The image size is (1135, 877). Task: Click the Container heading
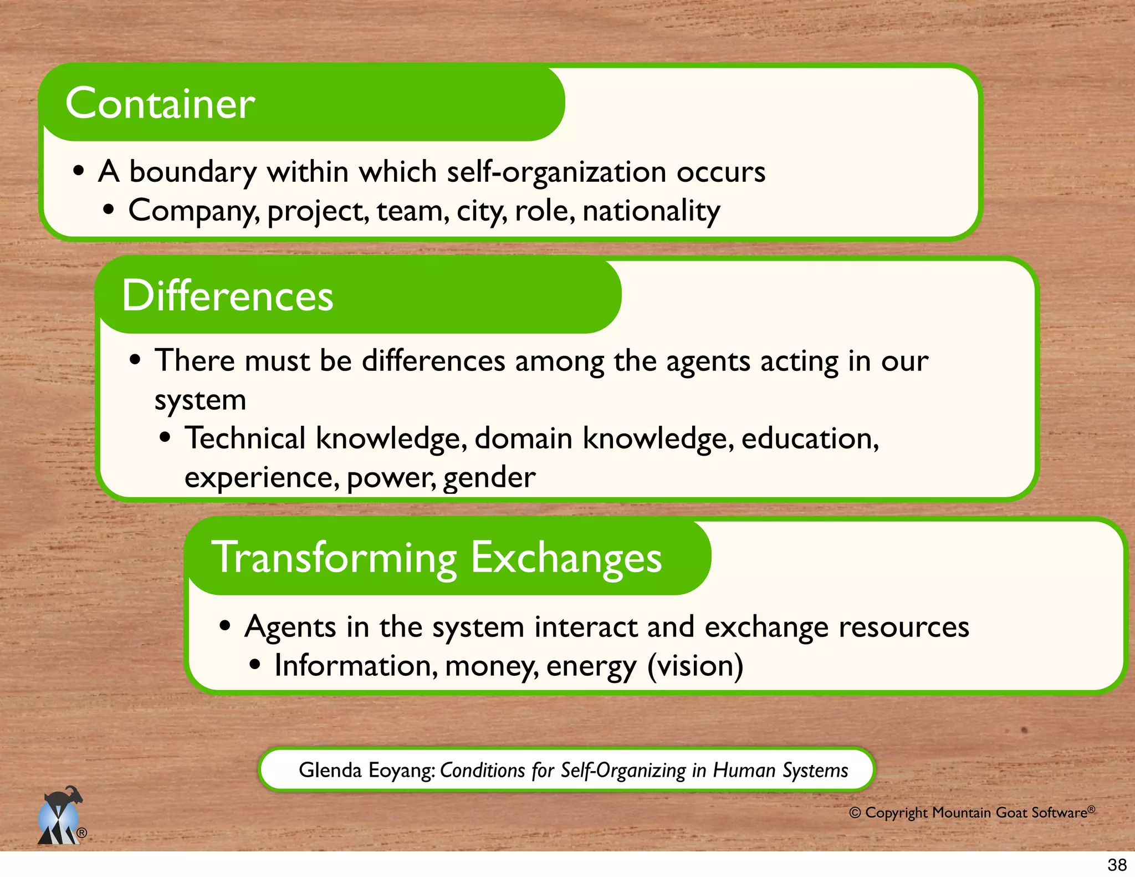(160, 104)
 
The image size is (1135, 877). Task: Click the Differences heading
(227, 295)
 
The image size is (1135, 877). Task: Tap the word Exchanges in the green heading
(566, 558)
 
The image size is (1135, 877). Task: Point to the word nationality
(651, 211)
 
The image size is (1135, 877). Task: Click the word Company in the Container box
(192, 211)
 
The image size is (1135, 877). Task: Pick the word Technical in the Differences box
(245, 438)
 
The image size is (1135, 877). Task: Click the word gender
(489, 477)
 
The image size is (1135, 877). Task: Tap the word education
(810, 438)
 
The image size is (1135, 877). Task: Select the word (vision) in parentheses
(695, 666)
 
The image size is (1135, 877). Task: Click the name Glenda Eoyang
(366, 770)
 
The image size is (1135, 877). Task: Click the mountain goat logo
(60, 816)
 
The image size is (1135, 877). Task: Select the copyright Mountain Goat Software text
(972, 813)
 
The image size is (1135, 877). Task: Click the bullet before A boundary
(79, 171)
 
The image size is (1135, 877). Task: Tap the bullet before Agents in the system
(224, 626)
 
